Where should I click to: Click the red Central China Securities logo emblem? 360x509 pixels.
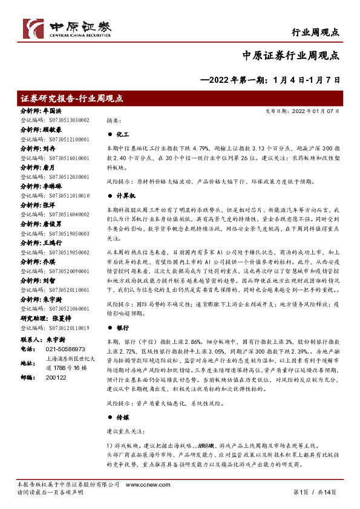pyautogui.click(x=33, y=27)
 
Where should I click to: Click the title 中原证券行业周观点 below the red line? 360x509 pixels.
pyautogui.click(x=290, y=55)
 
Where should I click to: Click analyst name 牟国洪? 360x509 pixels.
pyautogui.click(x=53, y=112)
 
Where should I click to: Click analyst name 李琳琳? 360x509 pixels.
pyautogui.click(x=53, y=187)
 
